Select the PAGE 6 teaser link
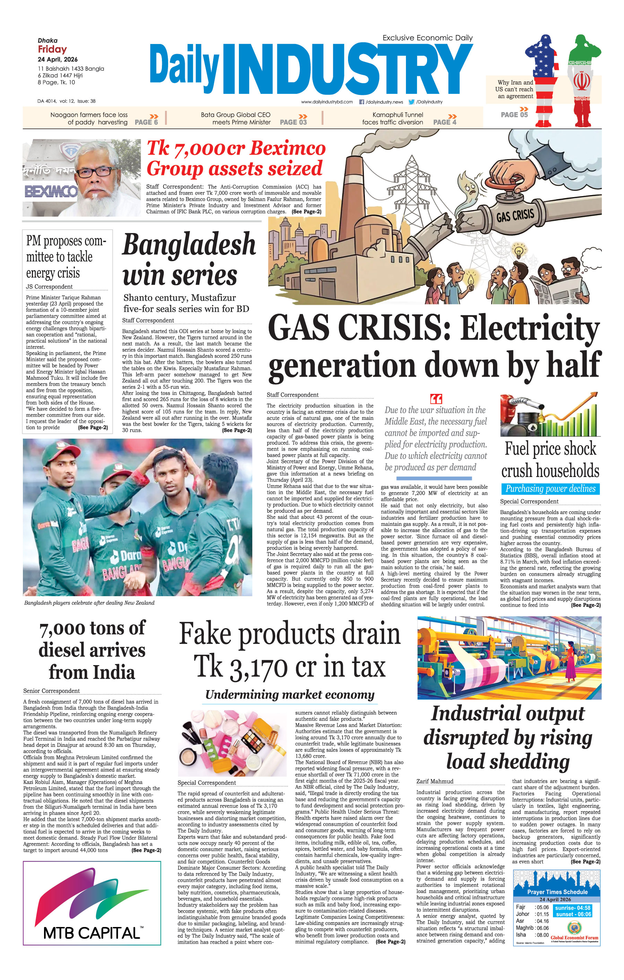pos(146,122)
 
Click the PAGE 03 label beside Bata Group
pos(293,122)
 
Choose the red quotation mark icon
pos(436,398)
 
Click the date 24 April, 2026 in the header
pos(58,60)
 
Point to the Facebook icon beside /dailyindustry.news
pos(361,102)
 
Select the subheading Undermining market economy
pos(289,694)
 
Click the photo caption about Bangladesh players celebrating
pos(89,603)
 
